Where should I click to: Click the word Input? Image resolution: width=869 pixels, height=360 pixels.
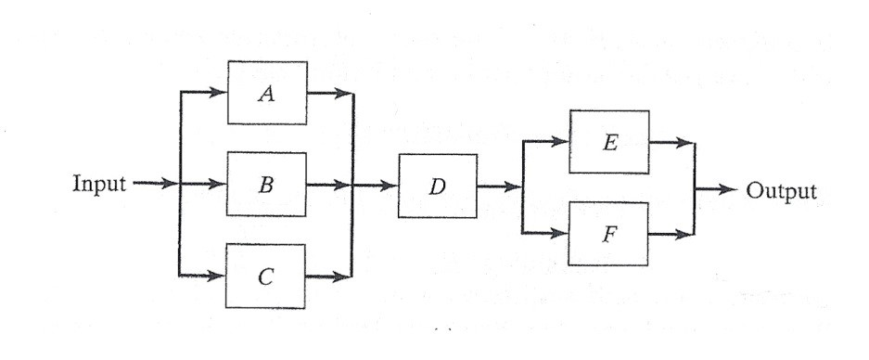click(98, 184)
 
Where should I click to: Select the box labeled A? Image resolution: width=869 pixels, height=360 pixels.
click(268, 93)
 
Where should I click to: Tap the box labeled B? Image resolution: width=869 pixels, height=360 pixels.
click(268, 184)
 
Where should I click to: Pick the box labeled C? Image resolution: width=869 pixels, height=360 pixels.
click(268, 276)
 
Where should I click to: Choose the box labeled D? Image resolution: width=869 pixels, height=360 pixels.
click(438, 186)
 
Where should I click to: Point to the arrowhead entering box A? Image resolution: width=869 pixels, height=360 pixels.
click(220, 93)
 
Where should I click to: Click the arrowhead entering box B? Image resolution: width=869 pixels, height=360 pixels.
click(220, 184)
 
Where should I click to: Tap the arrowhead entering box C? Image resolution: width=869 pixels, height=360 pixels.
click(220, 276)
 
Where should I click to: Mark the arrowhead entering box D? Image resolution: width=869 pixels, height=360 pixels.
click(390, 186)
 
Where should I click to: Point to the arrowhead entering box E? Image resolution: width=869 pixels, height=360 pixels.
click(562, 143)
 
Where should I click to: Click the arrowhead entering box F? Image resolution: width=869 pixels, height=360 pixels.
click(562, 233)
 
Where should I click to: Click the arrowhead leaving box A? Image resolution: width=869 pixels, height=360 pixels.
click(345, 93)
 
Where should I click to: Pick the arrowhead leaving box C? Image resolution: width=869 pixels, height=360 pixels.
click(345, 276)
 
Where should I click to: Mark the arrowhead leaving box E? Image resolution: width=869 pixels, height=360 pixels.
click(685, 143)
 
